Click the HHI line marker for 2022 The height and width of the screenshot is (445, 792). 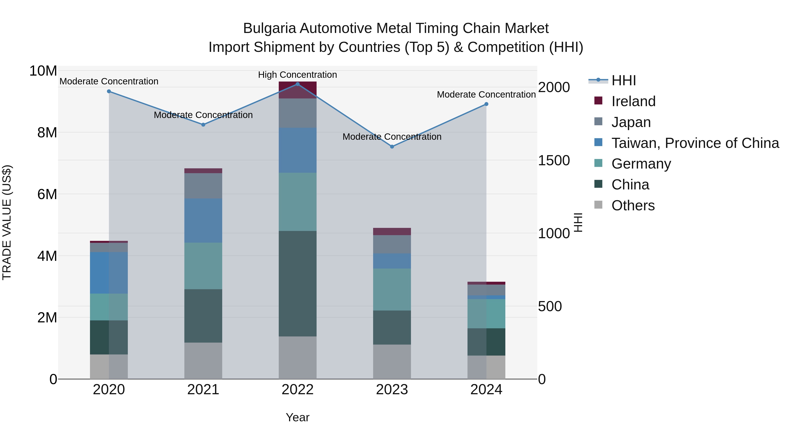pyautogui.click(x=297, y=84)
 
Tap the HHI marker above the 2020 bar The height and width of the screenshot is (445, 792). pyautogui.click(x=109, y=91)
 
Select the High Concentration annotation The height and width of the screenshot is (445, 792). pyautogui.click(x=297, y=75)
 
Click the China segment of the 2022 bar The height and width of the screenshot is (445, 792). pyautogui.click(x=297, y=283)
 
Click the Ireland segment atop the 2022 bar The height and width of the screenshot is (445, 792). pyautogui.click(x=297, y=90)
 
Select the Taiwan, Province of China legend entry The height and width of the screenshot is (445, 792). pyautogui.click(x=695, y=143)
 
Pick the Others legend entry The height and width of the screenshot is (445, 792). pyautogui.click(x=633, y=205)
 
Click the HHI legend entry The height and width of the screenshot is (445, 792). pyautogui.click(x=623, y=80)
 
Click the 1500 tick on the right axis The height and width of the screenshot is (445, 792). pyautogui.click(x=554, y=160)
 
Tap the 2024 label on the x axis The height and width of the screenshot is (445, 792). pyautogui.click(x=486, y=390)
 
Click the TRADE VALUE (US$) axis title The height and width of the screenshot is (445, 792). pyautogui.click(x=7, y=222)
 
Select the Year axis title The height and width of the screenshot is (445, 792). pyautogui.click(x=297, y=417)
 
